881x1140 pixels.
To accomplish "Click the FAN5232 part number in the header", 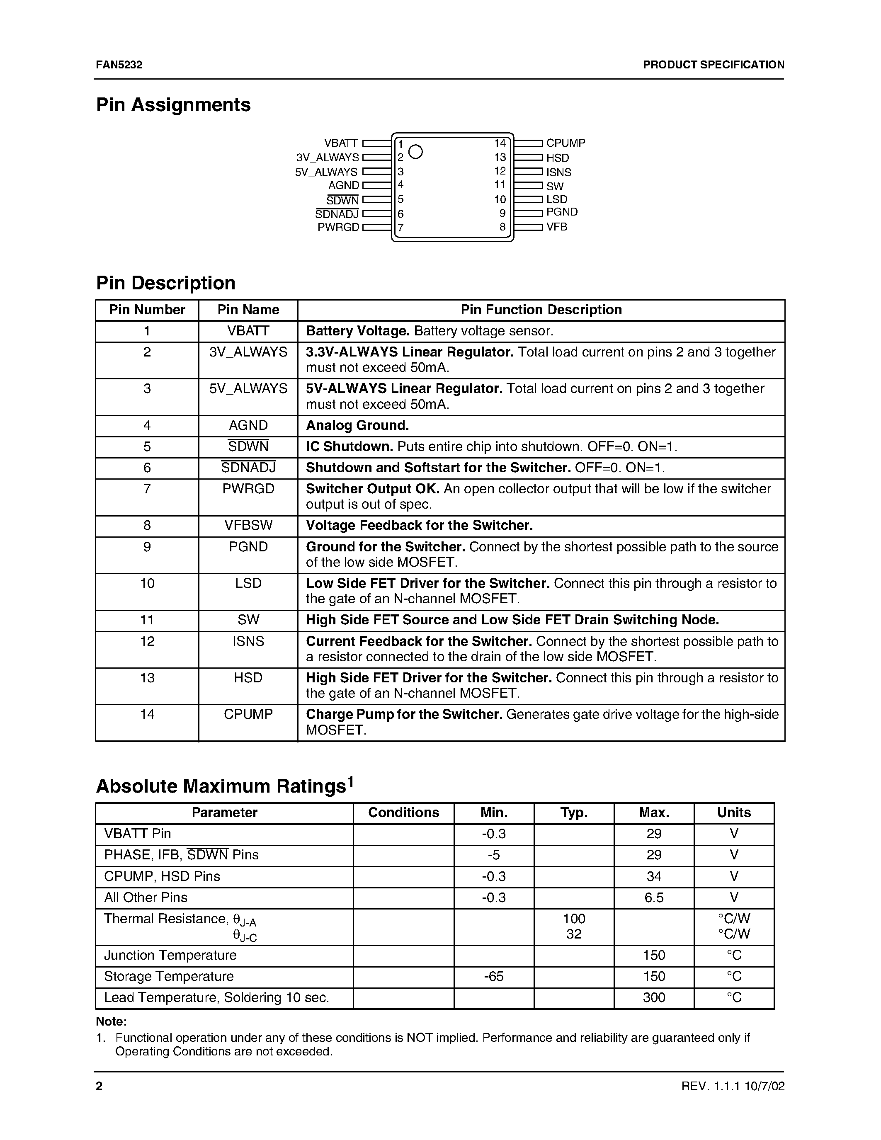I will point(119,65).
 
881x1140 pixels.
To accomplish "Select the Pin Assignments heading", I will point(173,105).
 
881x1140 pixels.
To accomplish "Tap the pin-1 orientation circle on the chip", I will point(415,151).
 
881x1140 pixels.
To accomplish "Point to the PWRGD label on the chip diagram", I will point(338,228).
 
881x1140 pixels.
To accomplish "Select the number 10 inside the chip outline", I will point(500,199).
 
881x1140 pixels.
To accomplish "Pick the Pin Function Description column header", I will point(541,310).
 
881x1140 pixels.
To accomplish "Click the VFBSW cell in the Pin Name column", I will point(248,526).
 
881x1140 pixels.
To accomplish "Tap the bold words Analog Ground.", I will point(357,426).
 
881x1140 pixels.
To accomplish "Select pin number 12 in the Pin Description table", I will point(147,641).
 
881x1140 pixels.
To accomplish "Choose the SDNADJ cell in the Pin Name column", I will point(248,468).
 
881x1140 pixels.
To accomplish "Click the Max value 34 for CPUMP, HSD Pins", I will point(653,876).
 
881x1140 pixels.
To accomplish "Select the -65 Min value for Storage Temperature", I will point(493,976).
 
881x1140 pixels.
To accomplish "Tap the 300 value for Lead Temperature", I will point(653,997).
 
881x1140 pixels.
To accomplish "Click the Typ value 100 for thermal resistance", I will point(574,919).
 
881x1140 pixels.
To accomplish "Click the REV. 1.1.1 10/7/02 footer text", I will point(732,1086).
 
